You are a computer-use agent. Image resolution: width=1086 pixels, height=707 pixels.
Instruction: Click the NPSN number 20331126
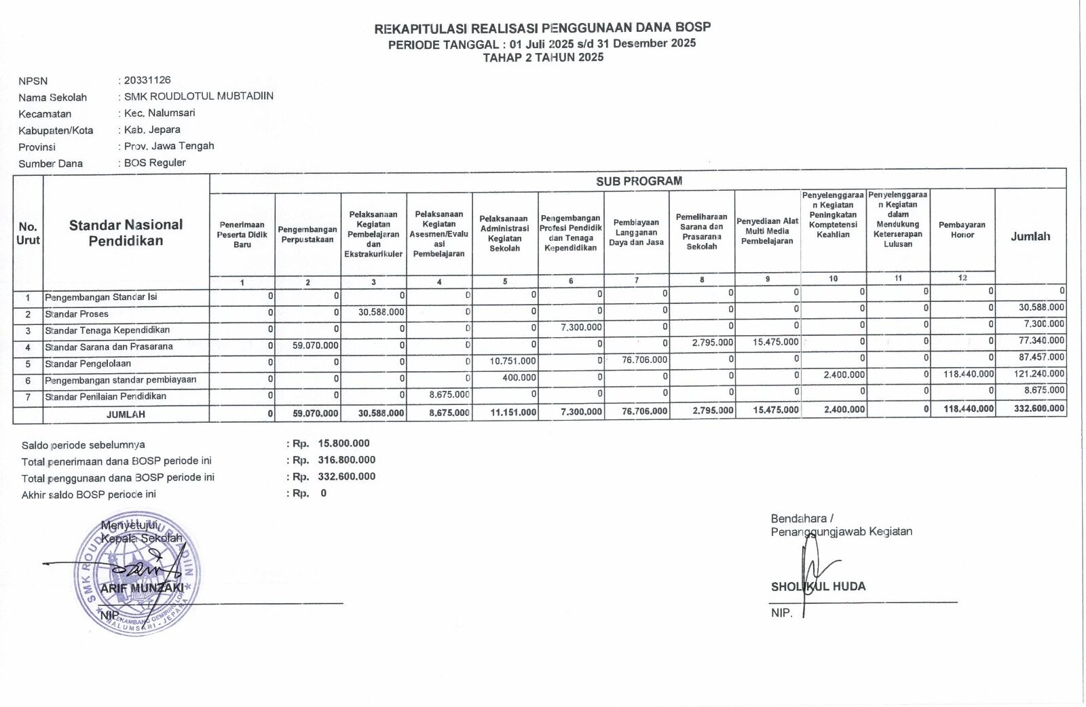pos(147,80)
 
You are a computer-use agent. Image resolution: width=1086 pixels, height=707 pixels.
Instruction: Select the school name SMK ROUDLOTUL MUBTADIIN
pos(199,96)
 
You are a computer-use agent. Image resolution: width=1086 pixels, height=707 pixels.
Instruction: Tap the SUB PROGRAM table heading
pos(639,181)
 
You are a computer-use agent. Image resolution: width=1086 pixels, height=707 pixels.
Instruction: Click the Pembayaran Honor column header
pos(962,230)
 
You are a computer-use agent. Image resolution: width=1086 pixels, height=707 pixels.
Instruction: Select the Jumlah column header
pos(1030,236)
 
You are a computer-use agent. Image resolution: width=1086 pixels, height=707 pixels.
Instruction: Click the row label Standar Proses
pos(77,314)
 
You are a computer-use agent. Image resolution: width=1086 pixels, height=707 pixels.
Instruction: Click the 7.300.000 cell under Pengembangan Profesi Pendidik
pos(581,327)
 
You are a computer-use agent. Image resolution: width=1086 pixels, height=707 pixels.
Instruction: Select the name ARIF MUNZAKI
pos(142,588)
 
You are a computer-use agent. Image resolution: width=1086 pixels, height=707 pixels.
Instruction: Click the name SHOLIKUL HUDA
pos(818,587)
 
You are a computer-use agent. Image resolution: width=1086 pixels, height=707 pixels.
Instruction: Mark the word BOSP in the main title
pos(693,28)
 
